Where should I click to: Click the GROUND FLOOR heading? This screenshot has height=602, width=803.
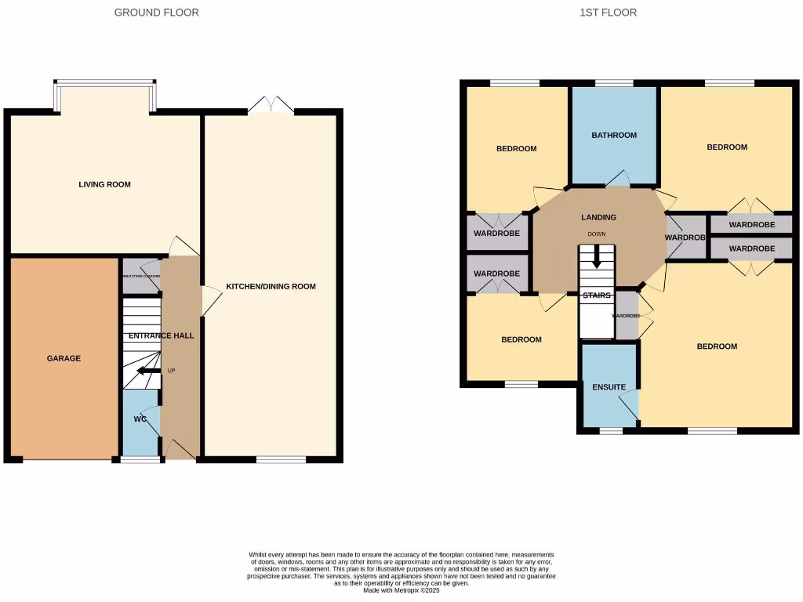click(x=156, y=13)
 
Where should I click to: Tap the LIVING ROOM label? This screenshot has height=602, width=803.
click(x=104, y=185)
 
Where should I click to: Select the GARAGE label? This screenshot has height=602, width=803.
click(x=64, y=358)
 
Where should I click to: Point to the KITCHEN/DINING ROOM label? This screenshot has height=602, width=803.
click(x=271, y=287)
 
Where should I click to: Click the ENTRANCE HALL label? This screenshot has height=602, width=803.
click(x=161, y=335)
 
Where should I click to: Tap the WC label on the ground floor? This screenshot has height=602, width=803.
click(x=140, y=419)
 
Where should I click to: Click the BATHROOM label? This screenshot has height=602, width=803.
click(x=614, y=136)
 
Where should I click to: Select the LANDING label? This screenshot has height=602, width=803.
click(x=598, y=217)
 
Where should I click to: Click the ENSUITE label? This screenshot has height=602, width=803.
click(x=609, y=387)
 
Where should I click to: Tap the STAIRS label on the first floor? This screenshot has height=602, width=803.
click(x=597, y=296)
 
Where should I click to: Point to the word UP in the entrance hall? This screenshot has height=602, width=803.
click(x=171, y=370)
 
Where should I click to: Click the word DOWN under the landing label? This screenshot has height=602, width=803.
click(x=598, y=234)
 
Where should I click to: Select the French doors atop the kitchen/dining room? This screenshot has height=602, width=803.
click(x=271, y=106)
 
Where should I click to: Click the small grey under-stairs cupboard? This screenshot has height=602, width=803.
click(x=141, y=277)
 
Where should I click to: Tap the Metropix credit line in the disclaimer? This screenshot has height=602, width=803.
click(x=401, y=589)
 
